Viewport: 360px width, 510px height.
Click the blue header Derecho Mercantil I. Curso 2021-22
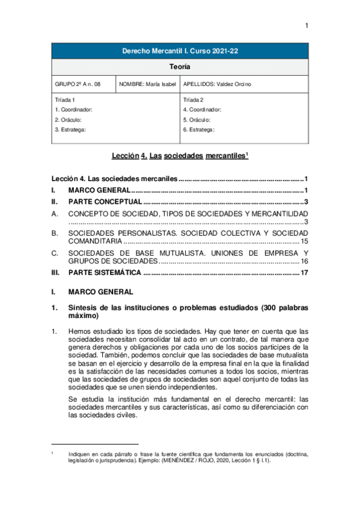180,52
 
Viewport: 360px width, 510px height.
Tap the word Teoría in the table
180,67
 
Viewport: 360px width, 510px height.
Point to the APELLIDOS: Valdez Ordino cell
217,84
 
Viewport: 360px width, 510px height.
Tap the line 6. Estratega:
198,129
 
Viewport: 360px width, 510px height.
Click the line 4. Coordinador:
202,109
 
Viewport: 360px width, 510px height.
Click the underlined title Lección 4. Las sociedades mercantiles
180,156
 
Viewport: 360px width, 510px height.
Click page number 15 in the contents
304,241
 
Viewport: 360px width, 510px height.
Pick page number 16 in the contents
304,262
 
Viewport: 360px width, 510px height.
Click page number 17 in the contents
304,272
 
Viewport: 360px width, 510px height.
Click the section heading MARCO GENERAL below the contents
100,292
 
